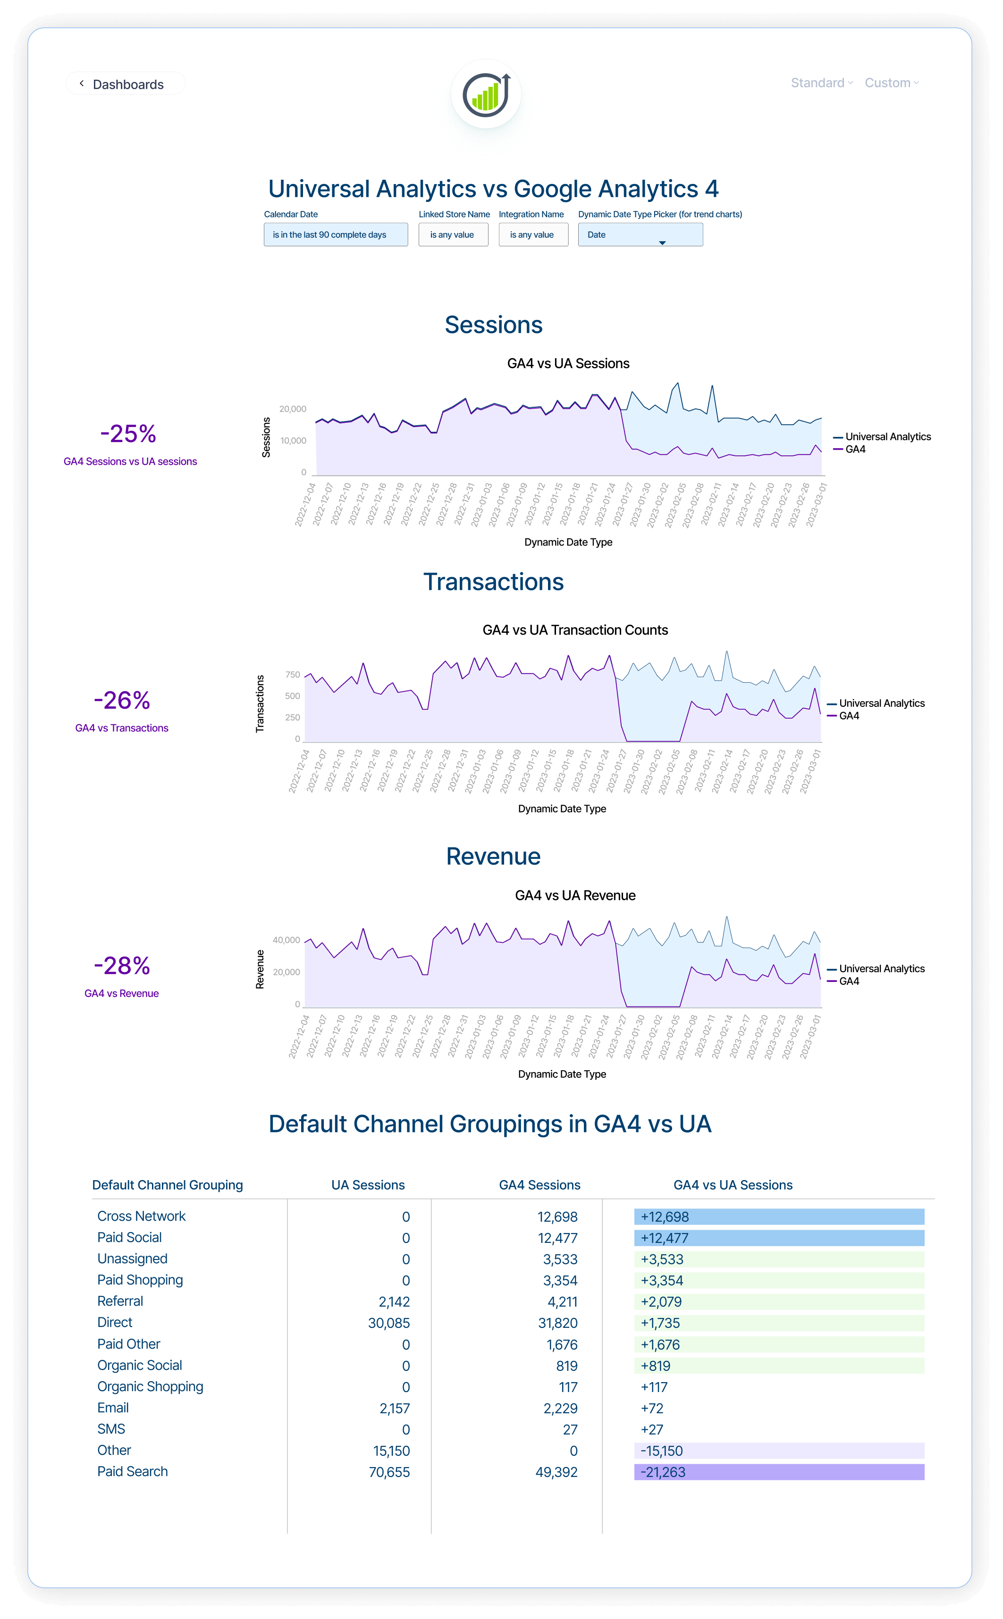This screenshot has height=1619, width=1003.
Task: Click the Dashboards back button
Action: pos(124,84)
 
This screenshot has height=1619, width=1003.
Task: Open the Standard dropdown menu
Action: pos(821,83)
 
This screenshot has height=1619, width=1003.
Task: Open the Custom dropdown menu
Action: pos(891,83)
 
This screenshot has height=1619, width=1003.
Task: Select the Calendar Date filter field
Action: pos(336,235)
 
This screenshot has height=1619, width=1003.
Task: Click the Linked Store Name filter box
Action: pos(453,235)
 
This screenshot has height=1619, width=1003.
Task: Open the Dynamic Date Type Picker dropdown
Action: pos(640,235)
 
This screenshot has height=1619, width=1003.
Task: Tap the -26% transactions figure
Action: pos(122,700)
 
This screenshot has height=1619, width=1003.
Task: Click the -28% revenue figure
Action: pos(122,966)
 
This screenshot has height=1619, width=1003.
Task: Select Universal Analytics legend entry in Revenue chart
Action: pos(881,969)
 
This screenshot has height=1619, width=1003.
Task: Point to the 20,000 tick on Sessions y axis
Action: pos(293,409)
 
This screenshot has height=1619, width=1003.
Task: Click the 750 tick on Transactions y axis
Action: pos(293,675)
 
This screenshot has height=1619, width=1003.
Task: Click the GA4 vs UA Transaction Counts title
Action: pos(575,630)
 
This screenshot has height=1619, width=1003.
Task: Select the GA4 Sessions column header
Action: pos(539,1185)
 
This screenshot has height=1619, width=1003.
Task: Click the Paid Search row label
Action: pos(133,1472)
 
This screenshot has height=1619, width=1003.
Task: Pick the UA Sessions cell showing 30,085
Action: pos(389,1323)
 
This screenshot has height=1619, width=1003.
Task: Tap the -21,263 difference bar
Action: pos(779,1472)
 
